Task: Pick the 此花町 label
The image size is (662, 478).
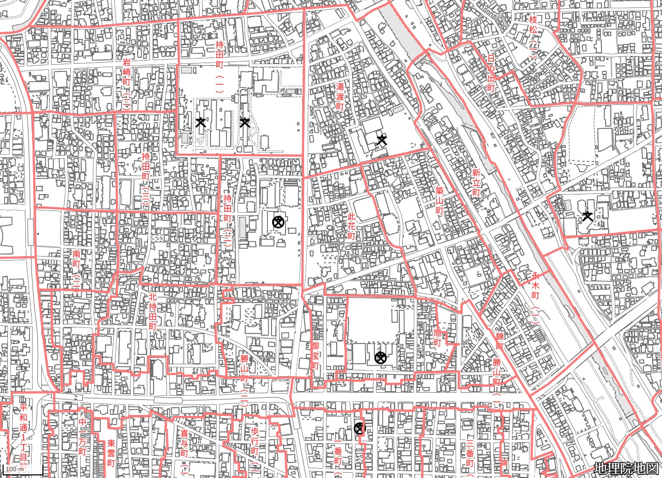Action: pos(352,225)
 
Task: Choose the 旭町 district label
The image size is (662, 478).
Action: pos(438,336)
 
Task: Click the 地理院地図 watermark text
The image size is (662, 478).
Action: pos(626,468)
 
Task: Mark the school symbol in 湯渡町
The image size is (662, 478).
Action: pos(382,140)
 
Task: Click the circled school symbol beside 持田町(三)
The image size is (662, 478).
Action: pos(278,222)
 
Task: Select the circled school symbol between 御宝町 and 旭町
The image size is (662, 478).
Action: pos(381,357)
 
